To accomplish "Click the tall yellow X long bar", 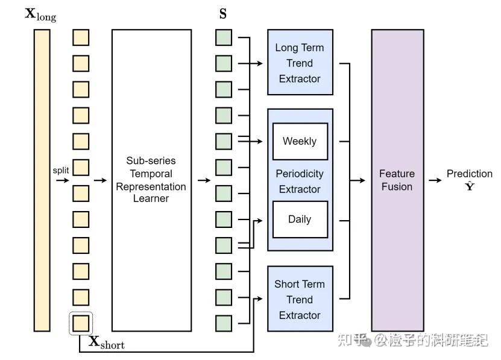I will [x=42, y=180].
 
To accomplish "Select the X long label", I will [x=40, y=14].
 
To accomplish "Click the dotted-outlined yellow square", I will [x=81, y=323].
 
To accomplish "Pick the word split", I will [x=61, y=171].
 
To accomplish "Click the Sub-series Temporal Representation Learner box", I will [x=151, y=180].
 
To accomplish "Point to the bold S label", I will [x=223, y=14].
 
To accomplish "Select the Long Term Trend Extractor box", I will [x=300, y=63].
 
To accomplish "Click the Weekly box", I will [x=300, y=141].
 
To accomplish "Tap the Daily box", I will [x=300, y=219].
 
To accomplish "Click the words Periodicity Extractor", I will [x=300, y=181].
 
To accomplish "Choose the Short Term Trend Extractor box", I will [x=300, y=299].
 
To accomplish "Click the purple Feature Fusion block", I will [x=397, y=180].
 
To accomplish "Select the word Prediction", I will [x=469, y=174].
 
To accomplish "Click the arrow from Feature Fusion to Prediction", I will [x=435, y=180].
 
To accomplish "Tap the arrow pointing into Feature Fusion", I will [x=359, y=180].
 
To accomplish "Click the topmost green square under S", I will [x=224, y=37].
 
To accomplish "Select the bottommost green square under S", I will [x=224, y=323].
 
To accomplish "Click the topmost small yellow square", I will [x=81, y=37].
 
